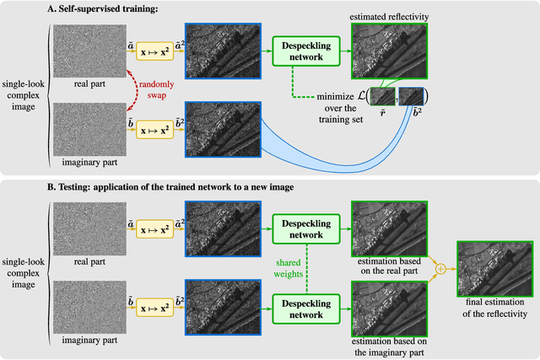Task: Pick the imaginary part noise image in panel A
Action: tap(89, 128)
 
